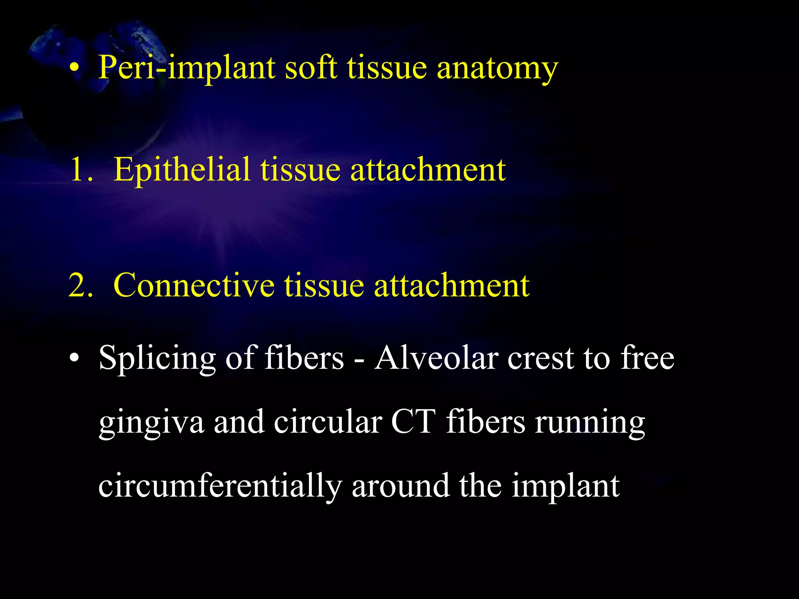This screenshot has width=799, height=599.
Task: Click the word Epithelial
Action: point(181,170)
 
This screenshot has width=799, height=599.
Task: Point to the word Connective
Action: point(194,285)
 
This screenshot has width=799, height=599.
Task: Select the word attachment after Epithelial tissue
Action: point(428,170)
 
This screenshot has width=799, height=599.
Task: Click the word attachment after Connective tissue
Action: point(451,285)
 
